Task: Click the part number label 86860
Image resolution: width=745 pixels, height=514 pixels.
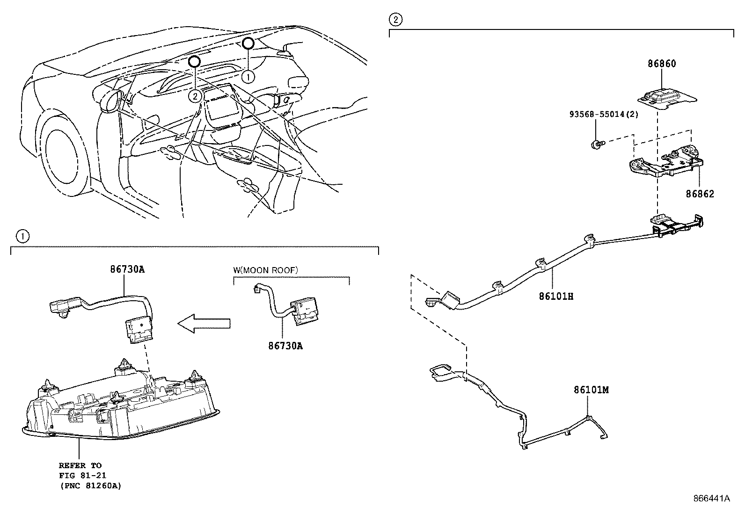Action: tap(662, 64)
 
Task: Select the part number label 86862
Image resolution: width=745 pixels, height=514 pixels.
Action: tap(700, 194)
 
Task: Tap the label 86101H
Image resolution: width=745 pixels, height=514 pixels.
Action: tap(555, 296)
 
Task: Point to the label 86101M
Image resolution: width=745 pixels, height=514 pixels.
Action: tap(591, 390)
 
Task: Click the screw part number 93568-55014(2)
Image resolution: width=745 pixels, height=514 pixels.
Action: tap(604, 114)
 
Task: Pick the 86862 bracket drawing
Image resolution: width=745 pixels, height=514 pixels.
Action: tap(665, 164)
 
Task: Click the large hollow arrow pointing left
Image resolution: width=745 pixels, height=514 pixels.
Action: tap(204, 323)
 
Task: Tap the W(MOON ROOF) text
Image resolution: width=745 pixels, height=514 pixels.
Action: tap(265, 270)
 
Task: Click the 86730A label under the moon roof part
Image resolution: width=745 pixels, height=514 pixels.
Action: tap(285, 346)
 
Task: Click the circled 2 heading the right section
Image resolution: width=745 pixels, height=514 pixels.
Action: tap(395, 19)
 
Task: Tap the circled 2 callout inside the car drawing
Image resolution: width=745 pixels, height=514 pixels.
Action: tap(195, 95)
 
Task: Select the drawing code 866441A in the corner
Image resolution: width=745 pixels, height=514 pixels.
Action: tap(711, 498)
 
